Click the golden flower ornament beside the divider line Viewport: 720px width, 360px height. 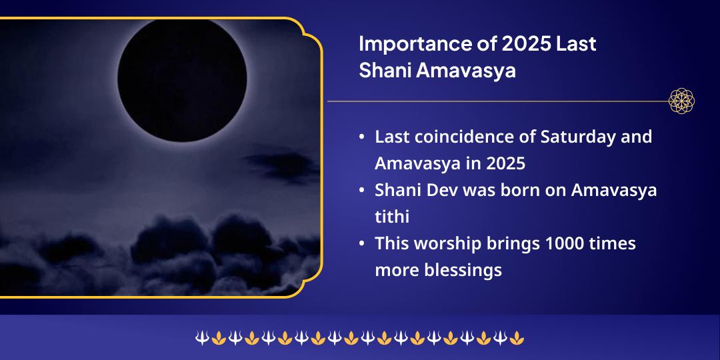[x=682, y=101]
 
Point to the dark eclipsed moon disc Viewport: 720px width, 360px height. [x=182, y=77]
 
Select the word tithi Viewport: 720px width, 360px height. [x=392, y=217]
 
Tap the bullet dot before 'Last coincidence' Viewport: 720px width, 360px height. [x=361, y=137]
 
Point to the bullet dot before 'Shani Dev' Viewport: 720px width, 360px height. [x=361, y=191]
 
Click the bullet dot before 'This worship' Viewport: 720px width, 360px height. [x=361, y=244]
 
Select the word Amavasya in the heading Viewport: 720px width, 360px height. [x=466, y=70]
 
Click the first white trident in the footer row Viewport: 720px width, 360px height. [x=201, y=339]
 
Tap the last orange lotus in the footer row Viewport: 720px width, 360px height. [x=517, y=339]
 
